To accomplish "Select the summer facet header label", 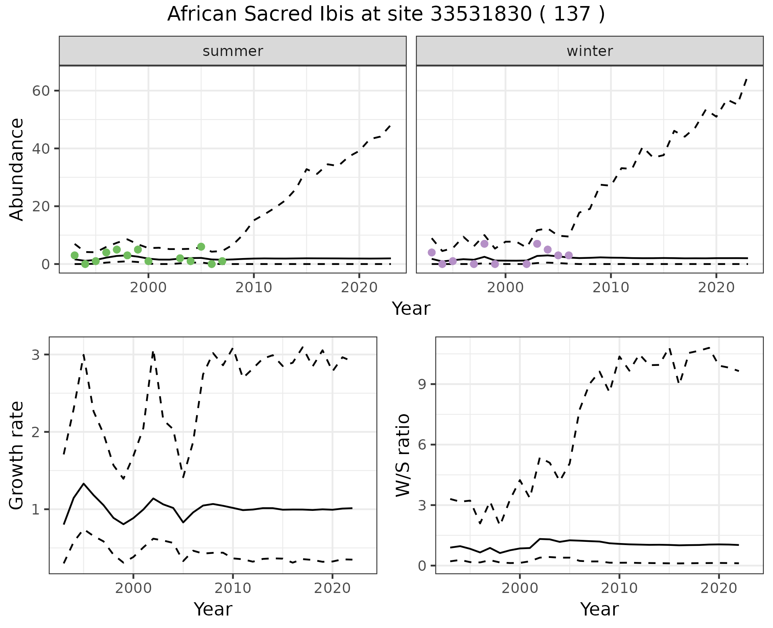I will coord(233,51).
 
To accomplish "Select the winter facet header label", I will coord(589,51).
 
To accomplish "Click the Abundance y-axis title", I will coord(17,169).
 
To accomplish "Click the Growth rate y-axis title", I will coord(17,456).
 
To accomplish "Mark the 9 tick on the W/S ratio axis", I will coord(422,384).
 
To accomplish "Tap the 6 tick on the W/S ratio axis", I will coord(422,445).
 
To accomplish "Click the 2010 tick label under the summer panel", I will coord(254,287).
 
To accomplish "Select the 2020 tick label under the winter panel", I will coord(716,287).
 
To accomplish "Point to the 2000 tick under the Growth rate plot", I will coord(133,588).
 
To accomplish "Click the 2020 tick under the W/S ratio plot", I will coord(719,588).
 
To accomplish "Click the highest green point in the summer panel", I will coord(201,246).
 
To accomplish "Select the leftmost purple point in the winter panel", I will coord(432,252).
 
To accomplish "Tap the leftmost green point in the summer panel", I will coord(74,255).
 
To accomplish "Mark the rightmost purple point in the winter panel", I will coord(569,255).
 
